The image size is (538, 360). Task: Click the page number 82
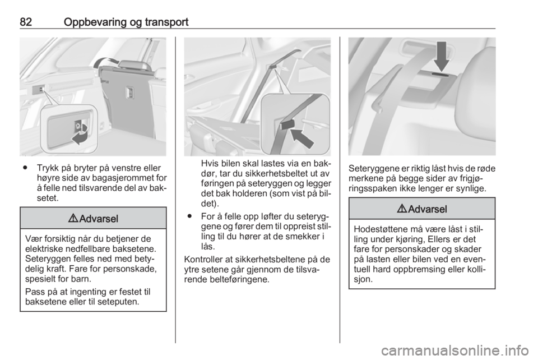26,22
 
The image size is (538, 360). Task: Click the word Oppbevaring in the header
95,22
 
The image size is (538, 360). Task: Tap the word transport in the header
166,22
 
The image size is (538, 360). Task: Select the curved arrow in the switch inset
81,134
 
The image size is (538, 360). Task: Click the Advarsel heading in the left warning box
99,219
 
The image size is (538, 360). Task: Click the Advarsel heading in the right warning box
428,209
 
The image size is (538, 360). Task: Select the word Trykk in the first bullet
48,168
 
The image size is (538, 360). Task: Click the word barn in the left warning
81,278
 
